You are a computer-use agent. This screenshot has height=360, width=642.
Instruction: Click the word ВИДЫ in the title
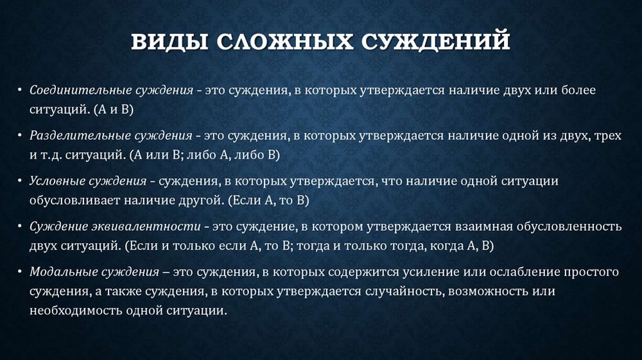click(169, 41)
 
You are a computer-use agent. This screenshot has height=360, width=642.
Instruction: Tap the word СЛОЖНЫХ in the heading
click(284, 41)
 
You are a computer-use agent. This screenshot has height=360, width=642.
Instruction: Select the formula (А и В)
click(114, 110)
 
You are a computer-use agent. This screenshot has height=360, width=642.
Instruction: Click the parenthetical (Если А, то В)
click(268, 200)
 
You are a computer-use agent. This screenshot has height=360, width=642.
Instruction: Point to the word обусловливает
click(74, 200)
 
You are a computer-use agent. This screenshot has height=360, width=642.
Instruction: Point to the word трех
click(609, 136)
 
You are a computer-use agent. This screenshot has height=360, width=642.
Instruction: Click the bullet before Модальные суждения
click(19, 271)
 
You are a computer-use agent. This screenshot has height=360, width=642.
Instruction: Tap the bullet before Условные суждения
click(19, 181)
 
